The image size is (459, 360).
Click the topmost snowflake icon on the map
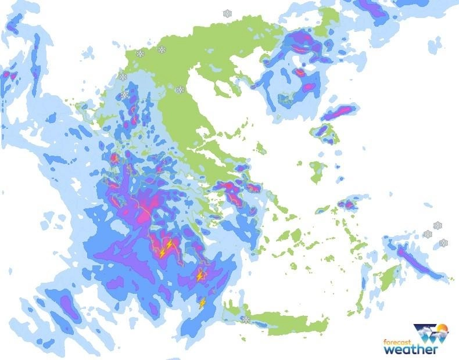tap(227, 13)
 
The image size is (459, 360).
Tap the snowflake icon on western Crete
tap(246, 319)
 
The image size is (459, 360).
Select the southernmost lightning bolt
tap(202, 303)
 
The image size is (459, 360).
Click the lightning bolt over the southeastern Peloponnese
tap(200, 276)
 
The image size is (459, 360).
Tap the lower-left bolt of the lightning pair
tap(162, 253)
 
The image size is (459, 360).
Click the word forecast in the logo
tap(397, 341)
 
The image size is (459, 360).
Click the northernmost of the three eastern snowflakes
tap(438, 225)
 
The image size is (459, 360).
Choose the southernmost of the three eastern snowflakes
tap(444, 243)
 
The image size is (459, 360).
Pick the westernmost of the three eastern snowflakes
tap(428, 234)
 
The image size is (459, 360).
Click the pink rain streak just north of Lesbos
tap(339, 112)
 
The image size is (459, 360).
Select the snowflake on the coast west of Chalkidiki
tap(181, 90)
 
